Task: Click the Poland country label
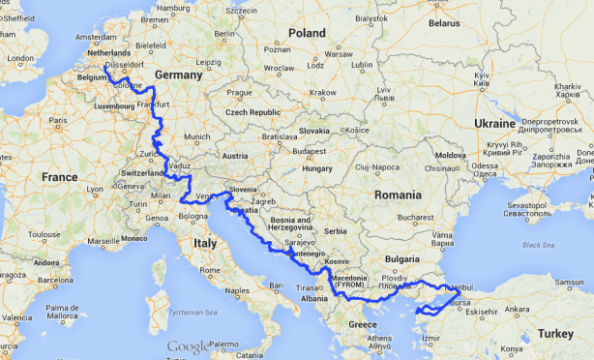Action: tap(306, 33)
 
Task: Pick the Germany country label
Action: tap(177, 75)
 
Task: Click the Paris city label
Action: tap(59, 121)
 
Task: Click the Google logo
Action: tap(187, 347)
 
